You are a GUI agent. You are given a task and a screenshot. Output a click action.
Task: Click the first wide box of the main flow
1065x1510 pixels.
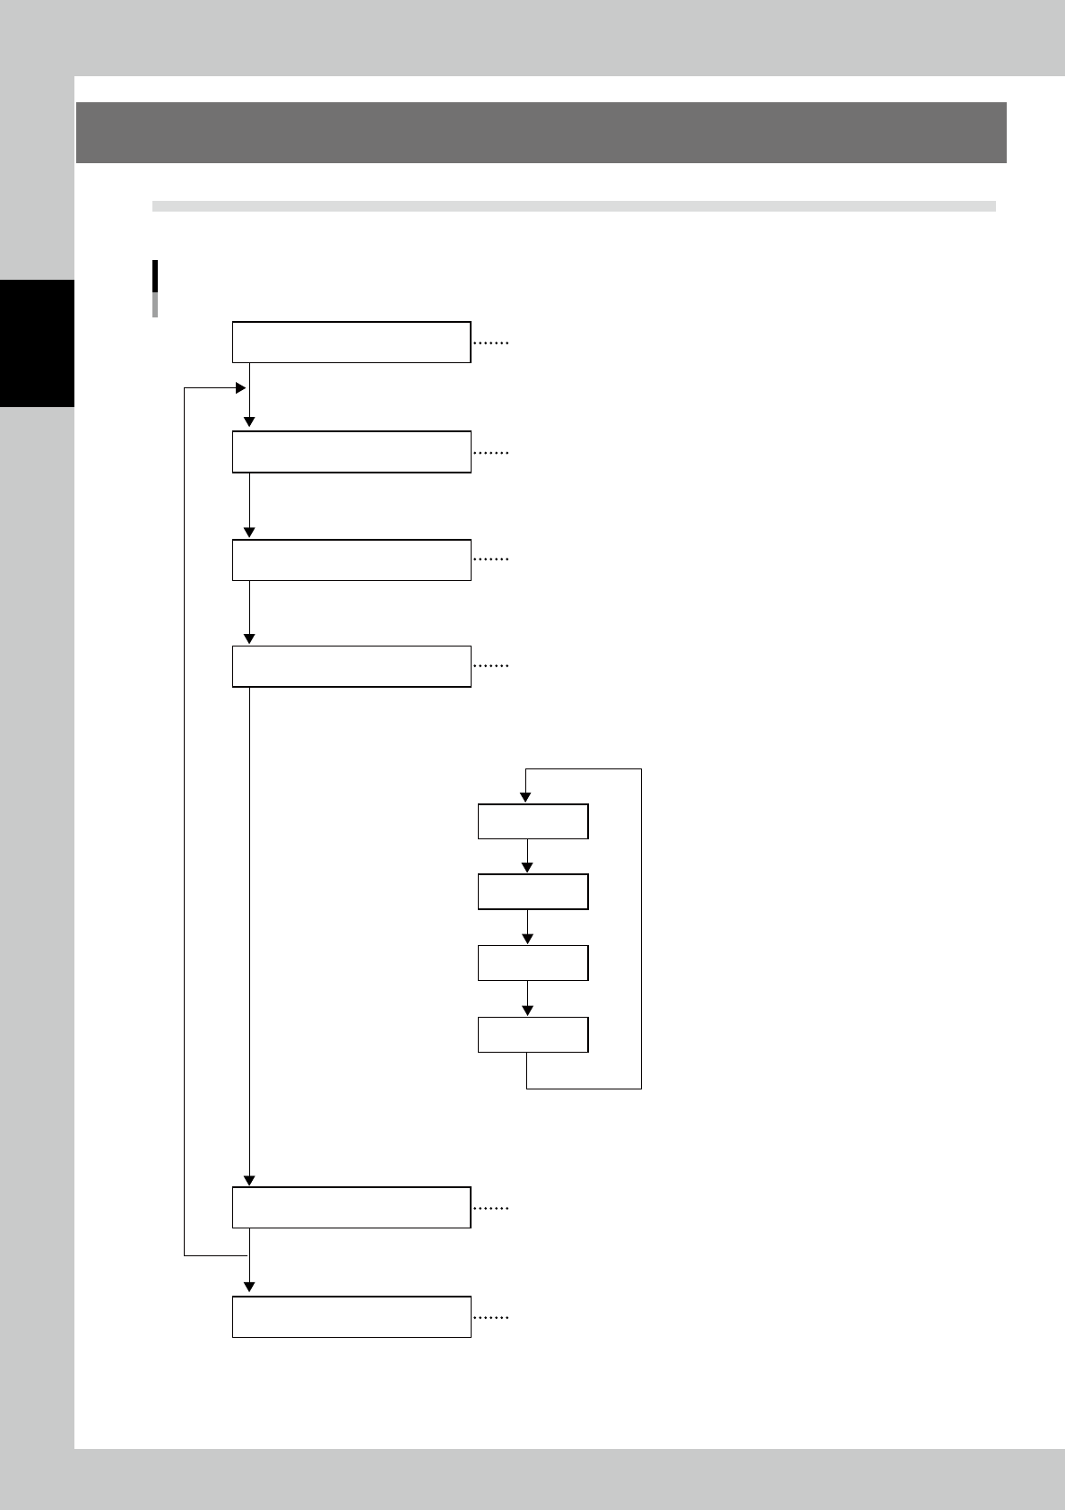pyautogui.click(x=351, y=341)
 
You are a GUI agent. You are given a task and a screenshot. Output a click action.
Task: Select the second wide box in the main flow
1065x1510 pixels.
pyautogui.click(x=351, y=451)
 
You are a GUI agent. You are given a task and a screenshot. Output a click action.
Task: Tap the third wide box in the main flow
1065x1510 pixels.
pyautogui.click(x=351, y=560)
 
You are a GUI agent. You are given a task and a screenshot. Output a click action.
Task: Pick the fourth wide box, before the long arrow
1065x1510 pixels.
pyautogui.click(x=351, y=666)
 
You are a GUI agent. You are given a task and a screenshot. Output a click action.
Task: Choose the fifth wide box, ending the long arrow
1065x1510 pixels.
pyautogui.click(x=351, y=1207)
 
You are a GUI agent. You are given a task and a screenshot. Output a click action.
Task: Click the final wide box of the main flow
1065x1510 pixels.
pyautogui.click(x=351, y=1316)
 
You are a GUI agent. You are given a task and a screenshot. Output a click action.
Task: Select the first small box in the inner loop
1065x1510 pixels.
pyautogui.click(x=532, y=821)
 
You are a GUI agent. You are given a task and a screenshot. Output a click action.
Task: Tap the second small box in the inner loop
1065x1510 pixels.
pyautogui.click(x=532, y=892)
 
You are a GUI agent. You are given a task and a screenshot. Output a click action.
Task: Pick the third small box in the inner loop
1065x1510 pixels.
pyautogui.click(x=532, y=963)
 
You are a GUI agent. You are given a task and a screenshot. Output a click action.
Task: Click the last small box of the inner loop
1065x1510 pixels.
pyautogui.click(x=532, y=1034)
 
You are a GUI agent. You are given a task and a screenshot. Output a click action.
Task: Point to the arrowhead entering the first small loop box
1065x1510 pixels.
pyautogui.click(x=527, y=798)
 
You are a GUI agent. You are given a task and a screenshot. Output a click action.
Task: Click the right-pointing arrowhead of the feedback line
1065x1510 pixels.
pyautogui.click(x=240, y=388)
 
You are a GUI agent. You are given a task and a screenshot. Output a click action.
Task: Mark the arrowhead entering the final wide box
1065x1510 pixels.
pyautogui.click(x=249, y=1289)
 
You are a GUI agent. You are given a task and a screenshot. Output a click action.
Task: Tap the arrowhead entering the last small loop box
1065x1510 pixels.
pyautogui.click(x=527, y=1011)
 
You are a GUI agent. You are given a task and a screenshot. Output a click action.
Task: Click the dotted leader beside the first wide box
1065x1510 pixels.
pyautogui.click(x=490, y=343)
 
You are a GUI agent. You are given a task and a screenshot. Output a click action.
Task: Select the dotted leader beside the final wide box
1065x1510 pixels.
pyautogui.click(x=490, y=1318)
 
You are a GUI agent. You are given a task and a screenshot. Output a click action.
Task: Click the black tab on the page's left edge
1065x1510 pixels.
pyautogui.click(x=37, y=343)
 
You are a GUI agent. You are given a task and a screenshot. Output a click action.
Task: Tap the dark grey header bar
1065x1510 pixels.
pyautogui.click(x=541, y=133)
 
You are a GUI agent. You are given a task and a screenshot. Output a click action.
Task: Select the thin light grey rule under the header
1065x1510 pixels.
pyautogui.click(x=574, y=206)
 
